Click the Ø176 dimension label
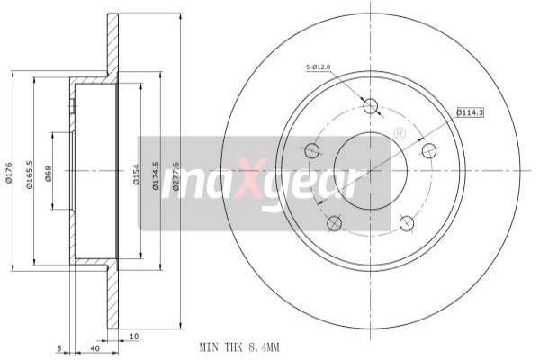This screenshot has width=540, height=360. click(x=8, y=171)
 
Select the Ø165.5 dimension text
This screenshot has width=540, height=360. click(x=29, y=171)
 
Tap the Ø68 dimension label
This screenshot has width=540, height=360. click(x=49, y=171)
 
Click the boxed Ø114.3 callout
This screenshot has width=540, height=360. click(x=469, y=112)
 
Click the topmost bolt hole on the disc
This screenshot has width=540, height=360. click(x=370, y=106)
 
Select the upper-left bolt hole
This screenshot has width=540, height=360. click(x=312, y=150)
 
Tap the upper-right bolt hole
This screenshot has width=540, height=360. click(x=429, y=150)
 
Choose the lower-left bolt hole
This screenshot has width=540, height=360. click(x=334, y=222)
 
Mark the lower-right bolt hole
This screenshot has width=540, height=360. click(x=406, y=222)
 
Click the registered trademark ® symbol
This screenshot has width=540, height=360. click(x=400, y=133)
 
